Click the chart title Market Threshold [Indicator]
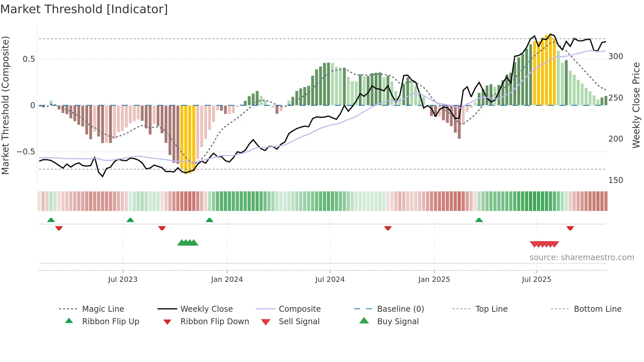coord(84,9)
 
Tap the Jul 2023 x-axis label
coord(123,280)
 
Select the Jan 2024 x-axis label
coord(227,280)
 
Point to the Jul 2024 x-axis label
coord(330,280)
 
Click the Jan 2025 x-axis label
coord(434,280)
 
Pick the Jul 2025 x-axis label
coord(537,280)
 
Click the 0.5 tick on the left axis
coord(29,59)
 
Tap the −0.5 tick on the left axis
coord(26,152)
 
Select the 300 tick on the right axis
coord(616,57)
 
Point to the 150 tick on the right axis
coord(616,180)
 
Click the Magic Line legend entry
coord(103,309)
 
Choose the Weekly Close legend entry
coord(206,309)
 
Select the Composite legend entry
coord(300,309)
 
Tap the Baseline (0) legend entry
coord(401,309)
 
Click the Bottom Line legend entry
coord(598,309)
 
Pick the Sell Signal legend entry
coord(299,322)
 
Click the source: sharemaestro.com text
coord(582,258)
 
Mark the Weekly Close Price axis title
coord(636,105)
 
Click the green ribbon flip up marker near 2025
coord(479,220)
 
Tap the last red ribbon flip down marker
coord(570,228)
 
